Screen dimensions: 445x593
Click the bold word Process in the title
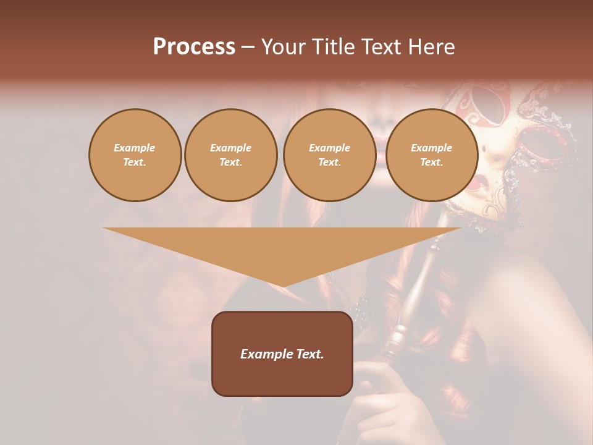click(x=194, y=47)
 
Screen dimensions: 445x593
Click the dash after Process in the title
click(x=248, y=48)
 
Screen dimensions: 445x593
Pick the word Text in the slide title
click(x=382, y=47)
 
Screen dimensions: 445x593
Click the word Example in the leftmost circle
click(x=135, y=148)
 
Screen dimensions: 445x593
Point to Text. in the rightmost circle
click(x=431, y=163)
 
